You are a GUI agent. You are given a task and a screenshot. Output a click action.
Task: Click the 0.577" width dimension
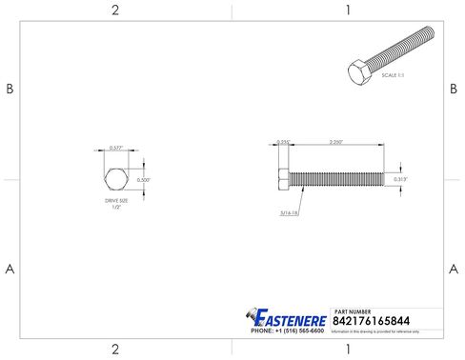115,148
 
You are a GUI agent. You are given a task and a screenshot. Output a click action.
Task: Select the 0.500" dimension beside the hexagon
144,179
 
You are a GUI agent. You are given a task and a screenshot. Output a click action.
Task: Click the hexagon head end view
115,178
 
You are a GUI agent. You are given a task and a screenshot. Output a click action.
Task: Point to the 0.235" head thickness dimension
282,142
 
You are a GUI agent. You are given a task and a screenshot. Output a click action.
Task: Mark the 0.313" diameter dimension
400,177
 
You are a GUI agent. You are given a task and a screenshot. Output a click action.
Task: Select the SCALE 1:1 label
394,74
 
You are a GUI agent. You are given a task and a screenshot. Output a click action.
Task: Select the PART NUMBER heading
354,311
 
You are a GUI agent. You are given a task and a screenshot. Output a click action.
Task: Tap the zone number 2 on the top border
115,10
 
